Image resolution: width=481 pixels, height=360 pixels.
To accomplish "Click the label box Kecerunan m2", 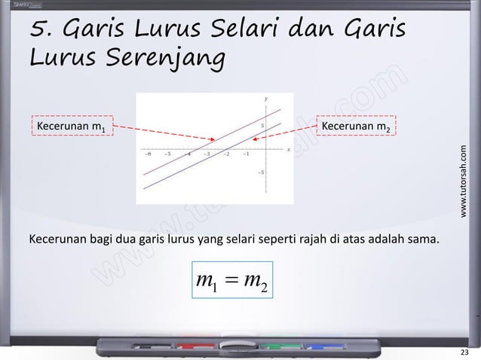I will [x=359, y=124].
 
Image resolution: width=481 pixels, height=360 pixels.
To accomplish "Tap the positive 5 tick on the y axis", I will [x=262, y=125].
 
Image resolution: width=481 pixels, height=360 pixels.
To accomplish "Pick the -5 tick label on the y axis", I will [x=261, y=172].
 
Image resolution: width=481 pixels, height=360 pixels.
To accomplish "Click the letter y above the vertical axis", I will [x=265, y=99].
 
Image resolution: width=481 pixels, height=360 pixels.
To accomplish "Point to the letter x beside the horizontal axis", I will [x=288, y=149].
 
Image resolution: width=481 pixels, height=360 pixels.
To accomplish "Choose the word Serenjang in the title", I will [x=163, y=57].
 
